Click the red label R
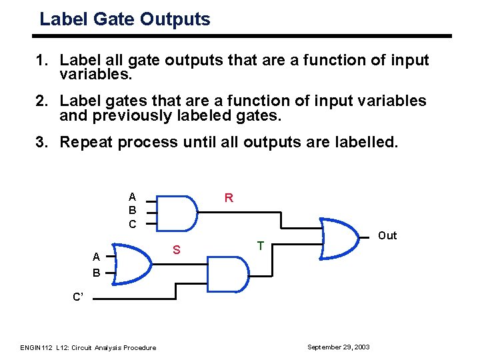(229, 197)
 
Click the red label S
(177, 250)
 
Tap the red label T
(261, 246)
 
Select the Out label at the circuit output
(387, 235)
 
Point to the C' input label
(78, 297)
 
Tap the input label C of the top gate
(132, 225)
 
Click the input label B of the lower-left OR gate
(97, 273)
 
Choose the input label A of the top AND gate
(132, 197)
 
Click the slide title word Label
(61, 19)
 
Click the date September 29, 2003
(338, 347)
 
